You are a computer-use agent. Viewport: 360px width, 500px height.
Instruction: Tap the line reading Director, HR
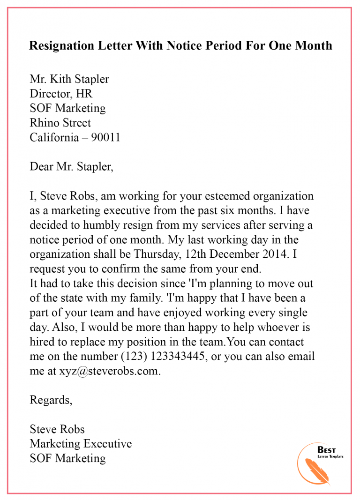click(x=61, y=94)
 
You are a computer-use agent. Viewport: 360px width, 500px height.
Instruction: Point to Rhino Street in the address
click(x=60, y=123)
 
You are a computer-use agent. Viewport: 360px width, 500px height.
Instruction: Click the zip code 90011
click(x=106, y=138)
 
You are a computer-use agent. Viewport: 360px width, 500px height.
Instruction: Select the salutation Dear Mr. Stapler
click(x=71, y=166)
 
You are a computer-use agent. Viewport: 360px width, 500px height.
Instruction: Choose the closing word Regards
click(x=51, y=400)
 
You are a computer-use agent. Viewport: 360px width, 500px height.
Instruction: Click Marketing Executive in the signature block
click(x=81, y=443)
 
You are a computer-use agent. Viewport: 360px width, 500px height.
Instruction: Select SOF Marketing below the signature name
click(x=67, y=458)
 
